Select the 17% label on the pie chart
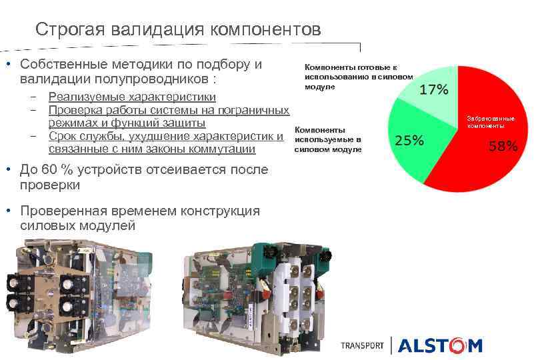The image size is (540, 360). click(x=433, y=89)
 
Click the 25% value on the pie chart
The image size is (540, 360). click(x=409, y=140)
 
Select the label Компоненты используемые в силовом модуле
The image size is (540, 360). click(x=328, y=139)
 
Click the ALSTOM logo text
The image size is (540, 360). click(x=440, y=345)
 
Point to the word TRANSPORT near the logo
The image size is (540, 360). click(x=362, y=346)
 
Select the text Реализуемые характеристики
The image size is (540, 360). click(x=132, y=97)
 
